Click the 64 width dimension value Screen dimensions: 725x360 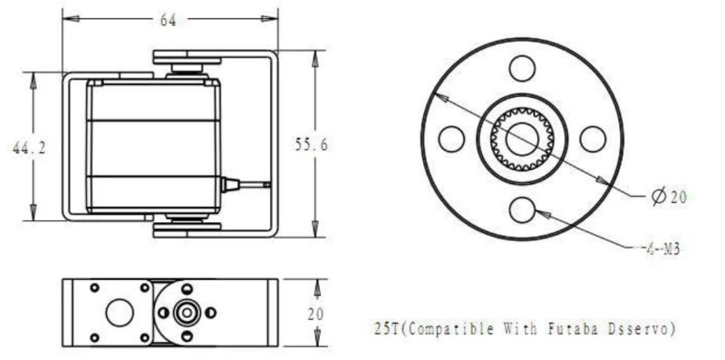[x=169, y=20]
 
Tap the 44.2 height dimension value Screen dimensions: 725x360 [x=29, y=148]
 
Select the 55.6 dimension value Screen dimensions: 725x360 [x=312, y=145]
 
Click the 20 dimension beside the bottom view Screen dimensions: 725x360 [x=316, y=315]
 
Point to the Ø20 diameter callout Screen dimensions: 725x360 [x=669, y=197]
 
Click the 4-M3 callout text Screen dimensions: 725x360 [x=662, y=248]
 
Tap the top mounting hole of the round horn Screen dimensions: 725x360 [x=522, y=69]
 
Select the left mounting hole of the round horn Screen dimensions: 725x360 [x=451, y=139]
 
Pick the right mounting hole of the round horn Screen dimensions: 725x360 [x=593, y=139]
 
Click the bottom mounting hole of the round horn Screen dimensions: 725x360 [x=522, y=209]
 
